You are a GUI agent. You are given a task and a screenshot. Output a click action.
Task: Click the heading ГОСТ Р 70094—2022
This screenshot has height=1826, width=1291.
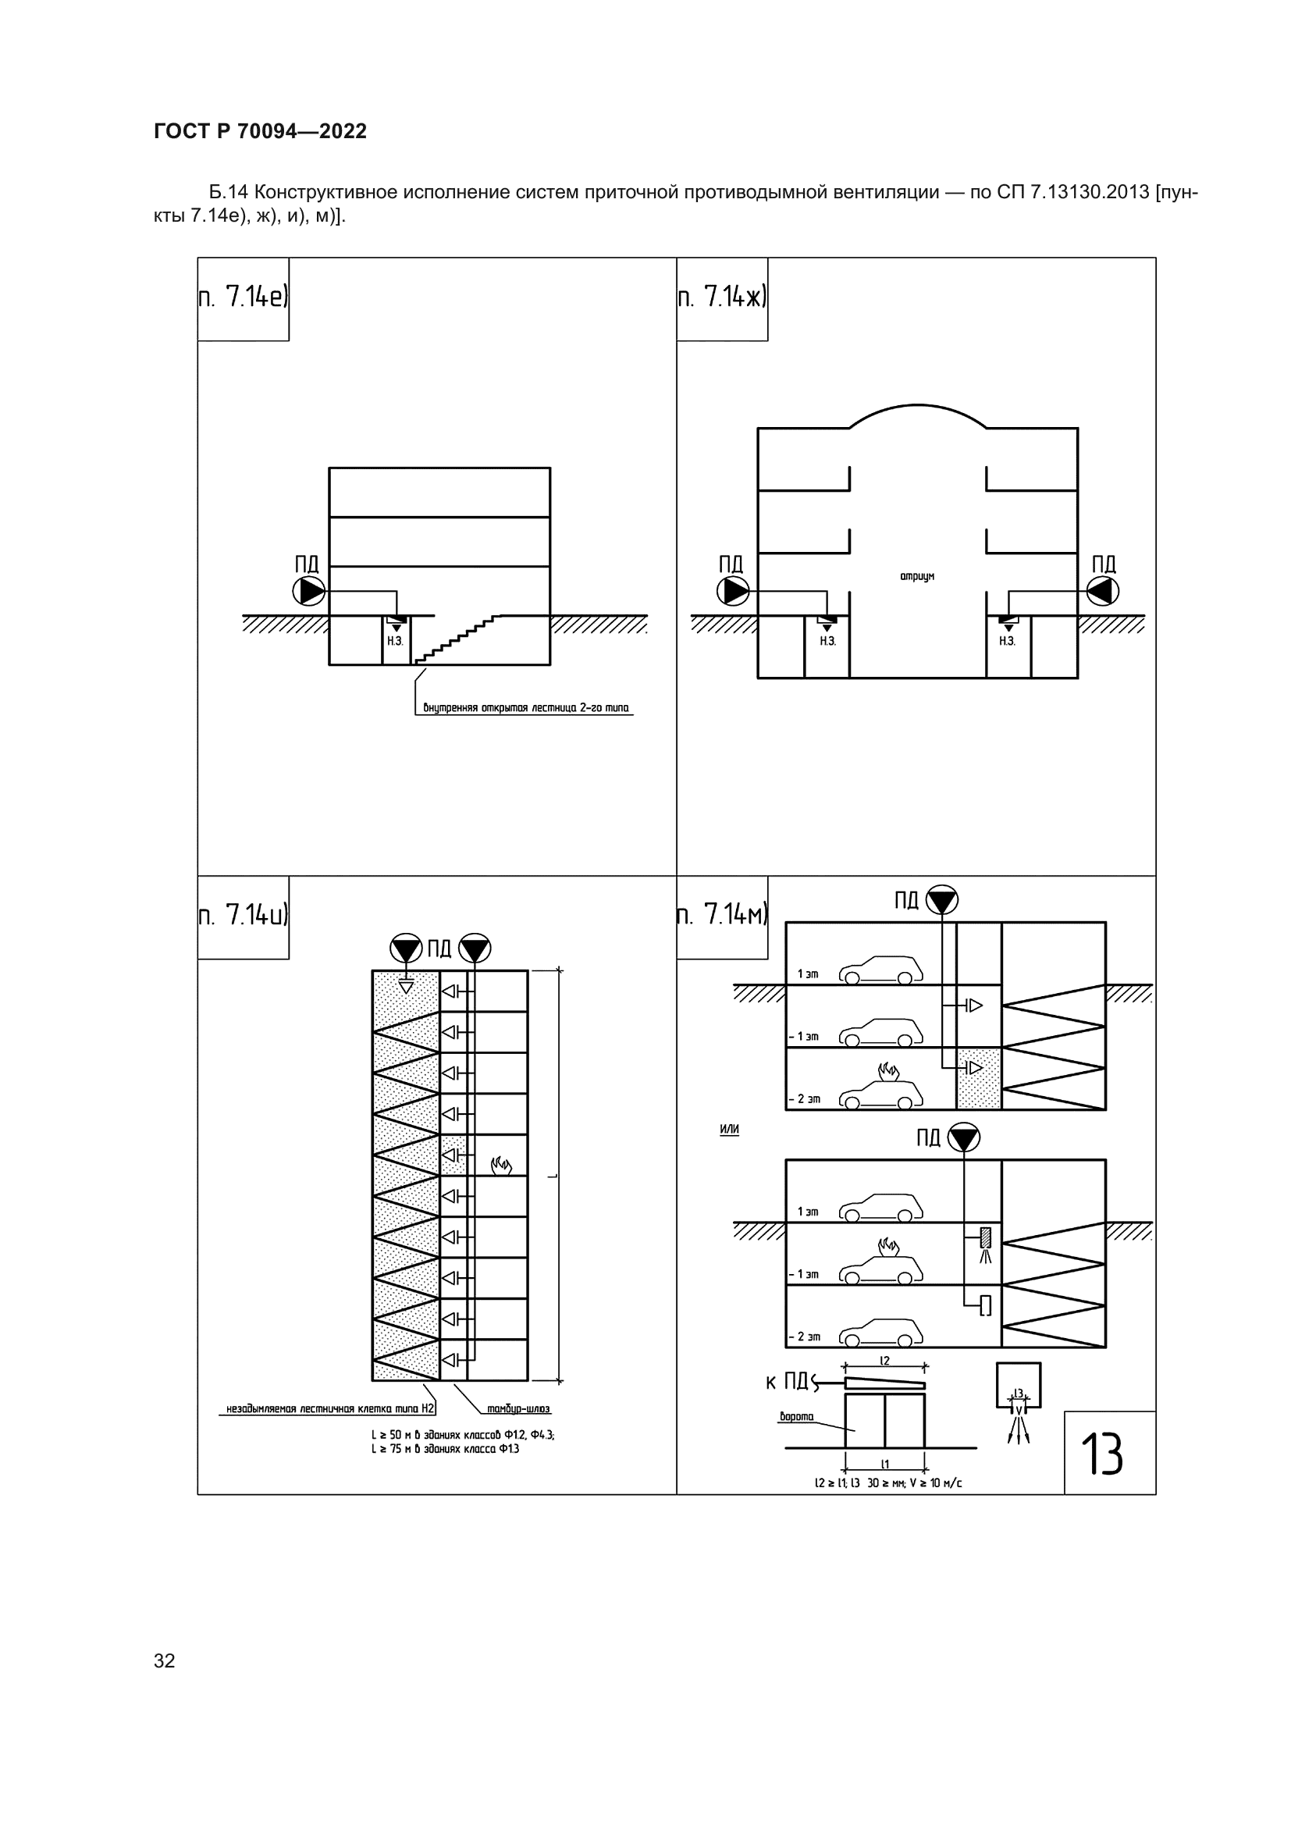point(260,131)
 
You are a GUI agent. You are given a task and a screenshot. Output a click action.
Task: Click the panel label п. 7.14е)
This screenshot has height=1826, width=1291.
point(244,297)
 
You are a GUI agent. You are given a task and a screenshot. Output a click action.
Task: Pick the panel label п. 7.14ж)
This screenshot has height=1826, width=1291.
point(722,297)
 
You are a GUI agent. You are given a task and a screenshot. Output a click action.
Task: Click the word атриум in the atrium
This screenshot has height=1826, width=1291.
point(917,576)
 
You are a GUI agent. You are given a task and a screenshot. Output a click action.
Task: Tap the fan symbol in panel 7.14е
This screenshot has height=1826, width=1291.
point(309,591)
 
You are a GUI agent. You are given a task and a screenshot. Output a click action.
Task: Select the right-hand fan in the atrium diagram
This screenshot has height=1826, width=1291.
point(1103,591)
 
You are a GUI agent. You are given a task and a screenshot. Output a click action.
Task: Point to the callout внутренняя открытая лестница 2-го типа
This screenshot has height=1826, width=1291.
point(526,708)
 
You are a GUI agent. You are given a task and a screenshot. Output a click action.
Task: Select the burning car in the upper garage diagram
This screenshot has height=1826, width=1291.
point(881,1087)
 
